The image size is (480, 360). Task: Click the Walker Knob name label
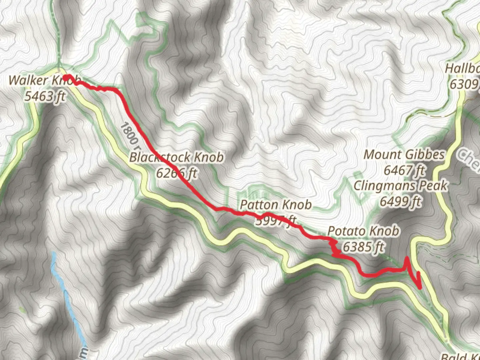pos(44,81)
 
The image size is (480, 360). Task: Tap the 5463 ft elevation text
pos(45,96)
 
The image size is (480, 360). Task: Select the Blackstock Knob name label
pos(176,157)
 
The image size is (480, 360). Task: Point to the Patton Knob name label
pos(276,205)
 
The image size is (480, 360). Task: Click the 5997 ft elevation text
pos(276,220)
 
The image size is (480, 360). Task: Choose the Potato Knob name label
pos(363,231)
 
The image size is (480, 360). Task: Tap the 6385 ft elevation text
pos(363,247)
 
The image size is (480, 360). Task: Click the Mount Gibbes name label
pos(404,155)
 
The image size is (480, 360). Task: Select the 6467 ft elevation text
pos(404,170)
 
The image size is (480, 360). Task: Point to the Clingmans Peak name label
pos(401,186)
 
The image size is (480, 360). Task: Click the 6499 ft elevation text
pos(401,201)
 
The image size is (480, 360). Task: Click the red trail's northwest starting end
pos(66,77)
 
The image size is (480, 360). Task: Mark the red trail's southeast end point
pos(420,287)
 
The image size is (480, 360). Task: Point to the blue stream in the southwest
pos(68,300)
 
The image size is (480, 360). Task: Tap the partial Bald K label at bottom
pos(460,356)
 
